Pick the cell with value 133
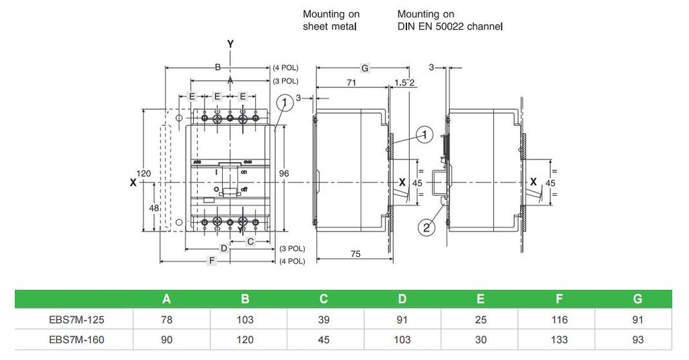[558, 340]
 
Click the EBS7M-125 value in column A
[167, 320]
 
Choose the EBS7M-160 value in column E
[480, 340]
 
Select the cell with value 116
[558, 320]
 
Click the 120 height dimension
[143, 174]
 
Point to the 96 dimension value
[284, 174]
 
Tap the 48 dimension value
[154, 209]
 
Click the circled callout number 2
[425, 227]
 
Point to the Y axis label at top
[231, 44]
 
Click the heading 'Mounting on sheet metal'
[331, 20]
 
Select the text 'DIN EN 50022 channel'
[450, 27]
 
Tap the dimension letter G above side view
[365, 68]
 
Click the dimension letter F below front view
[212, 261]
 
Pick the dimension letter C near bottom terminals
[250, 241]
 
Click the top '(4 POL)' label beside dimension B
[285, 68]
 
